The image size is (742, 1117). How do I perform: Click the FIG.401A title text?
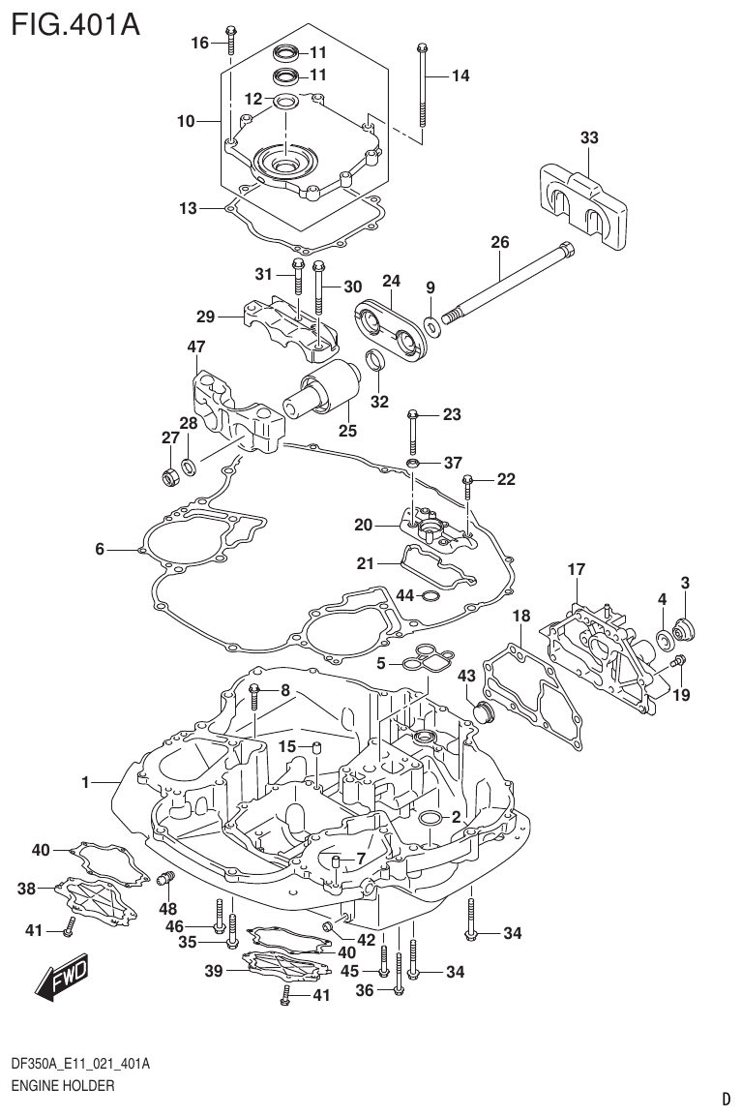pos(75,23)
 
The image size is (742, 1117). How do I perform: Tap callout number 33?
pos(589,138)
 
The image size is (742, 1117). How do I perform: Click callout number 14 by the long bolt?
pos(459,75)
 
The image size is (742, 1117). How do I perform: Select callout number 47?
pos(196,347)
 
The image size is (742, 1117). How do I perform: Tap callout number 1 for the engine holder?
pos(85,782)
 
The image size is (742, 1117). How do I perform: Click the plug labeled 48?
pos(163,878)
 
